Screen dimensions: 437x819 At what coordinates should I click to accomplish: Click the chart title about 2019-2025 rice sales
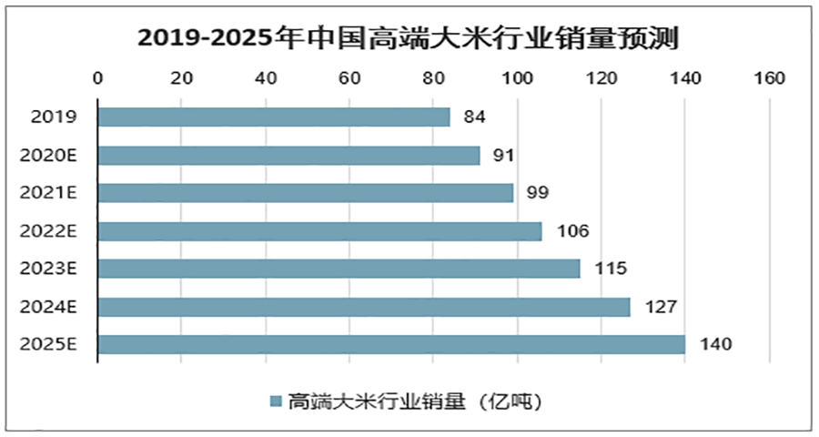coord(409,38)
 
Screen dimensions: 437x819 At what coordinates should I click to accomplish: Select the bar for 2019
coord(274,117)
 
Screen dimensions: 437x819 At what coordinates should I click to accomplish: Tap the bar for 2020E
coord(288,156)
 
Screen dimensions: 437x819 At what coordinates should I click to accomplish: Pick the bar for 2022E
coord(319,231)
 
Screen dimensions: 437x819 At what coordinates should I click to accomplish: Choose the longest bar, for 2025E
coord(391,344)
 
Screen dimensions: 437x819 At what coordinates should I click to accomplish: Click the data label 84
coord(474,117)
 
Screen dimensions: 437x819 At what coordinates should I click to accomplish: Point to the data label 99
coord(538,193)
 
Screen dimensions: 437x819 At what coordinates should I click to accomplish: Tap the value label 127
coord(659,307)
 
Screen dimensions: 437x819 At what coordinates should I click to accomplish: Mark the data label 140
coord(715,345)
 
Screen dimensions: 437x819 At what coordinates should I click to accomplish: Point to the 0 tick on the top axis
coord(98,79)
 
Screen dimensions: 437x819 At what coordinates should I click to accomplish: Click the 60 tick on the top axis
coord(349,79)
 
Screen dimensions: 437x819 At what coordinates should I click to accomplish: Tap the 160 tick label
coord(769,79)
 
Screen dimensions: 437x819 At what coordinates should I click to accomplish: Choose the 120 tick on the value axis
coord(601,79)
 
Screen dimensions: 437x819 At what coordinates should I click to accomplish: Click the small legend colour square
coord(274,401)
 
